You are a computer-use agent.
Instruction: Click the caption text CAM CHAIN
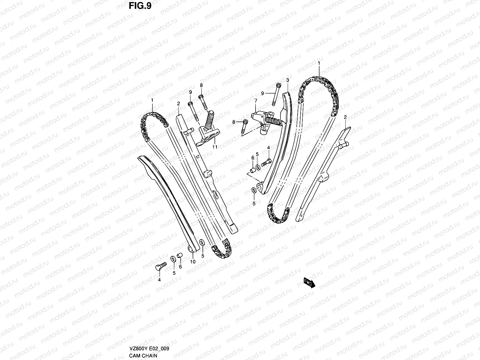click(x=143, y=355)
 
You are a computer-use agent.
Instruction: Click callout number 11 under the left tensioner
click(x=215, y=147)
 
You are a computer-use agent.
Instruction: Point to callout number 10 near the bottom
click(x=193, y=262)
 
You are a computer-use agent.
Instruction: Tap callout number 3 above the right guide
click(x=287, y=80)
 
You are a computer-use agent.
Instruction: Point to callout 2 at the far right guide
click(x=345, y=117)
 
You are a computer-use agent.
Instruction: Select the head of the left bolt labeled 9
click(x=190, y=104)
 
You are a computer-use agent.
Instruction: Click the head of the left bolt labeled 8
click(x=201, y=97)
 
